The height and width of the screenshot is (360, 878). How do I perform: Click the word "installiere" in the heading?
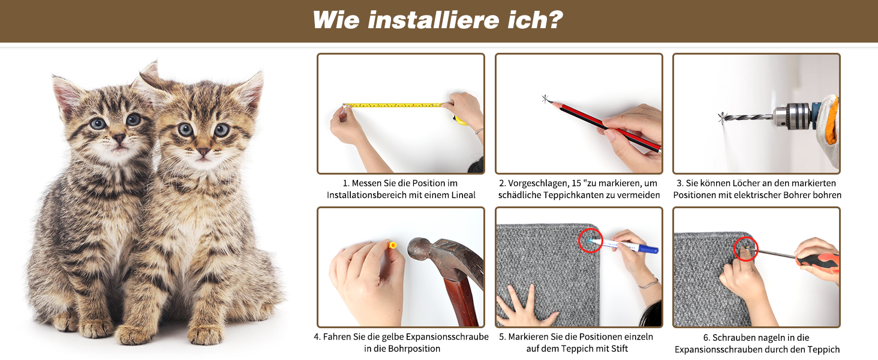[433, 20]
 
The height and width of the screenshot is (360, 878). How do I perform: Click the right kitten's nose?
[203, 151]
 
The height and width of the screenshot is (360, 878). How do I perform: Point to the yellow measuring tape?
[395, 105]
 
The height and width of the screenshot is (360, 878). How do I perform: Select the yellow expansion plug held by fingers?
[392, 245]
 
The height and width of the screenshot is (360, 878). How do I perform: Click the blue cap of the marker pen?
[650, 248]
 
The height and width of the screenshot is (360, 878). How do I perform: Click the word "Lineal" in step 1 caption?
[462, 195]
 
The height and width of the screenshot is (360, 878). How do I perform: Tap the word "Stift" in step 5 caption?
[619, 349]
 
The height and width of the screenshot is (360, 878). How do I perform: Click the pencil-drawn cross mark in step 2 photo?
[545, 99]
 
